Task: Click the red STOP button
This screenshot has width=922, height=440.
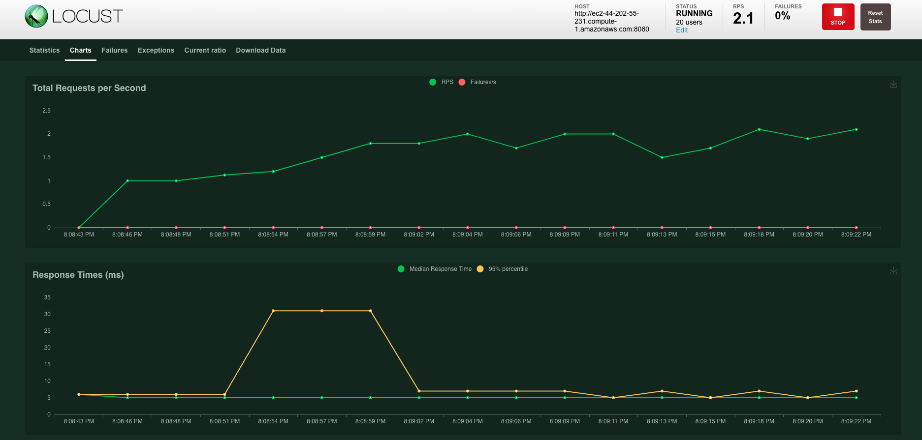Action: [x=838, y=17]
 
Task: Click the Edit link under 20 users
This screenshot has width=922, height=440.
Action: [x=682, y=30]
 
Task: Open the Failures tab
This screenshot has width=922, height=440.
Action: [x=114, y=50]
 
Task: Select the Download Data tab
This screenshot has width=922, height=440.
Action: [x=260, y=50]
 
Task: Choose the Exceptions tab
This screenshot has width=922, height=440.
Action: [x=156, y=50]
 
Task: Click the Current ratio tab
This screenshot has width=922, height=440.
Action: [x=205, y=50]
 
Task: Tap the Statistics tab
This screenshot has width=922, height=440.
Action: [x=44, y=50]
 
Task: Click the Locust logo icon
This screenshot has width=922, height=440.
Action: [x=36, y=16]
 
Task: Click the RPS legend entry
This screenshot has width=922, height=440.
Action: [x=442, y=82]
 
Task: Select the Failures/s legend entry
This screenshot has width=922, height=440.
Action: [x=477, y=82]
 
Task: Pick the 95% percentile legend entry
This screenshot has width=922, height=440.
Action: [x=503, y=269]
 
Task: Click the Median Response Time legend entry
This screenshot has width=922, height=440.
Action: [x=435, y=269]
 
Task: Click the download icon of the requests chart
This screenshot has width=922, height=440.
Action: [x=893, y=84]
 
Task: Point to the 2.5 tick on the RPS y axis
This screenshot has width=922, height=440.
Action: [x=46, y=111]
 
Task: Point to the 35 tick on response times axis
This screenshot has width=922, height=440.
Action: [x=47, y=297]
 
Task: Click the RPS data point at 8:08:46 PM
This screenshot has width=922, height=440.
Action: [x=127, y=181]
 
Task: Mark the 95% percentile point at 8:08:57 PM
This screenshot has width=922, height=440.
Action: [x=322, y=311]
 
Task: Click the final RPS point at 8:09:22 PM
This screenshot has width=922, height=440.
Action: [x=856, y=129]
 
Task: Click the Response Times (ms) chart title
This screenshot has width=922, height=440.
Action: [x=78, y=275]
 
